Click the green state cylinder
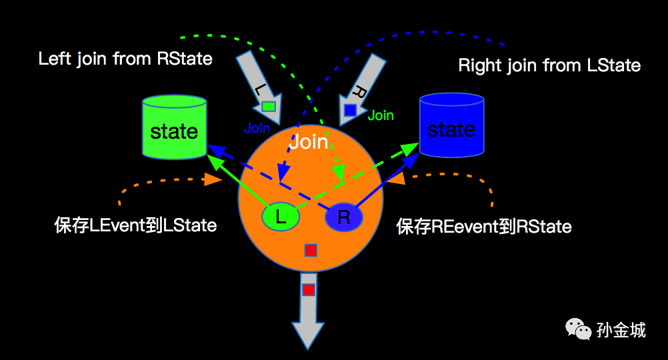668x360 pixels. pyautogui.click(x=174, y=127)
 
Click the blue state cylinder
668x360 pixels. pyautogui.click(x=451, y=125)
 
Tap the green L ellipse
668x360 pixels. pyautogui.click(x=281, y=217)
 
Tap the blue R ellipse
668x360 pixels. pyautogui.click(x=344, y=217)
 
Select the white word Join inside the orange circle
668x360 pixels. pyautogui.click(x=309, y=142)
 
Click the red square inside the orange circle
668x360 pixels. pyautogui.click(x=311, y=250)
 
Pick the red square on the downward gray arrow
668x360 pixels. pyautogui.click(x=309, y=290)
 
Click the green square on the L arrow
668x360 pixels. pyautogui.click(x=269, y=106)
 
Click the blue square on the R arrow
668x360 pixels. pyautogui.click(x=350, y=111)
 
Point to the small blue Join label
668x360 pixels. pyautogui.click(x=257, y=128)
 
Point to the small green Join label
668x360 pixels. pyautogui.click(x=381, y=115)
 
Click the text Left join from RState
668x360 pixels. pyautogui.click(x=125, y=59)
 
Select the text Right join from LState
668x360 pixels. pyautogui.click(x=549, y=65)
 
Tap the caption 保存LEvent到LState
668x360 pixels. pyautogui.click(x=135, y=225)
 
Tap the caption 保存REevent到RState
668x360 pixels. pyautogui.click(x=484, y=226)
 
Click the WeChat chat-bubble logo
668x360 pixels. pyautogui.click(x=578, y=329)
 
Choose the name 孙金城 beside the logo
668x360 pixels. pyautogui.click(x=621, y=330)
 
